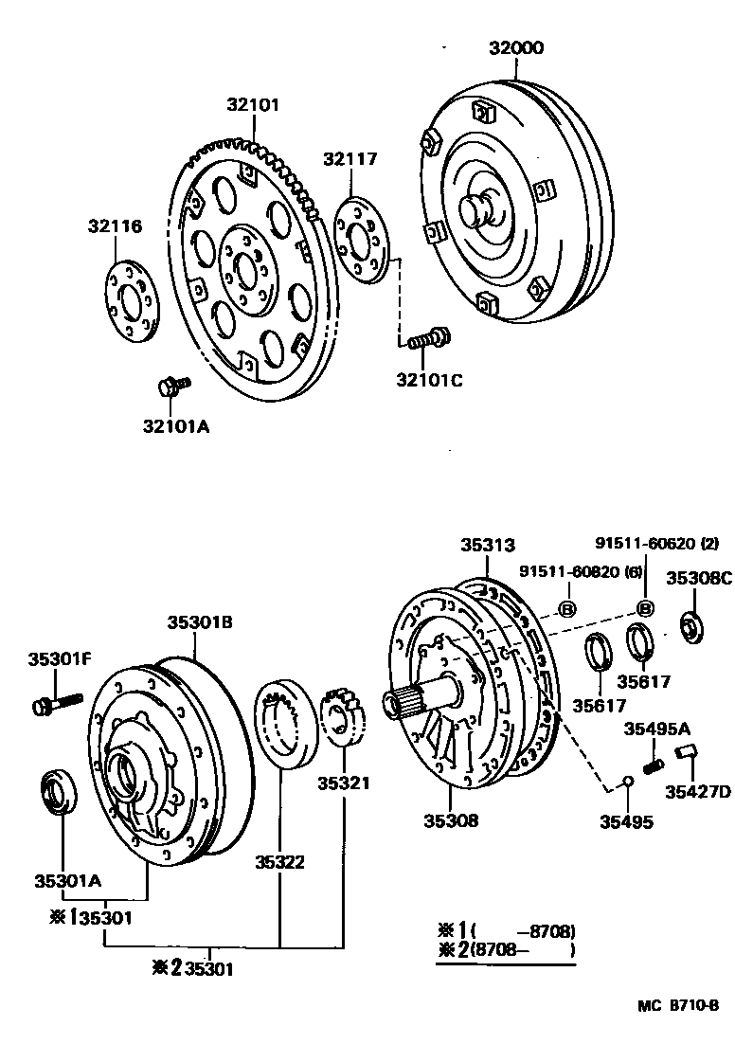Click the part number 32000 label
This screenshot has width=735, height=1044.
pos(516,48)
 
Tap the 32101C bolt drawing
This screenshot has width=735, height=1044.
pos(429,338)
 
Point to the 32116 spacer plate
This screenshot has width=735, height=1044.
pos(129,300)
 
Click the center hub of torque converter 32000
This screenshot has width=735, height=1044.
pos(479,208)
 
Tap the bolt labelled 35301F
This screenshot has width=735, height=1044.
pos(57,704)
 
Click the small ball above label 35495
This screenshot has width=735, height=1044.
pos(626,782)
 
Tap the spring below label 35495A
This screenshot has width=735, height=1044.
pos(651,762)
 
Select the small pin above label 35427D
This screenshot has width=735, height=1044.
pos(689,754)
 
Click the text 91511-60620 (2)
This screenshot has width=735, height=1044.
pos(656,544)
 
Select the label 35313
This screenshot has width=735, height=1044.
pos(488,545)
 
